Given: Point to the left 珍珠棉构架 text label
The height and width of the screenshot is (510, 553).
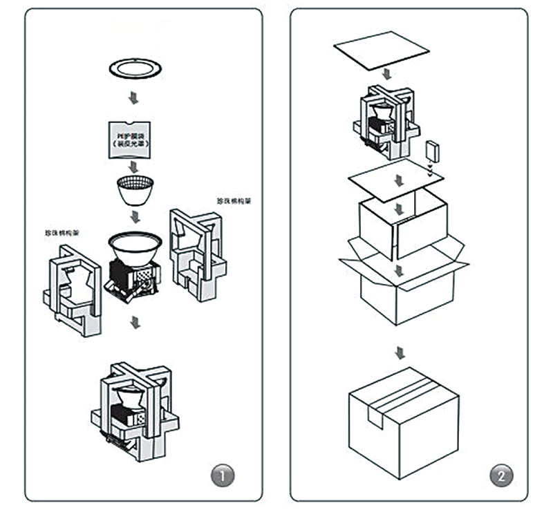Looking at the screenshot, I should click(x=62, y=232).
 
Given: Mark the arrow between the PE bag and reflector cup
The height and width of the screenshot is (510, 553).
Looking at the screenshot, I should click(x=133, y=167).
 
